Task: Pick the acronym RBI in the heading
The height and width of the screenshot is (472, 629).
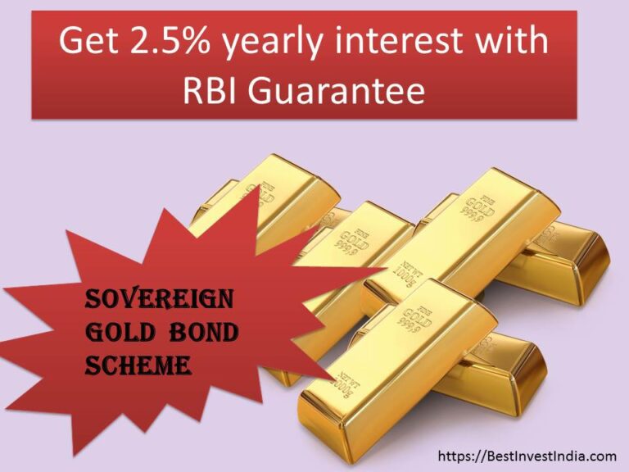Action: pos(215,91)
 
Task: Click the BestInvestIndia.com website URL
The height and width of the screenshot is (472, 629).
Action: pos(527,456)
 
